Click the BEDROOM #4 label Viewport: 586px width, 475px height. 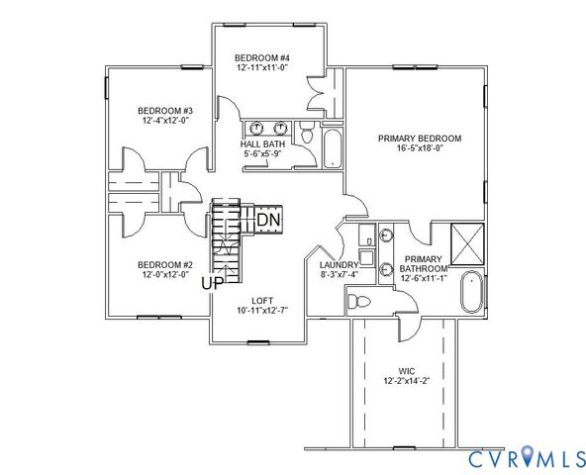click(261, 56)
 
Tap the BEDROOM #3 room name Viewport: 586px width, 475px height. click(164, 110)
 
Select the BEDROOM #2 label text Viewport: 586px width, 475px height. click(164, 264)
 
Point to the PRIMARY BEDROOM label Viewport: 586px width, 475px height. click(420, 139)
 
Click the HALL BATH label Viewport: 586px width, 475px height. click(261, 144)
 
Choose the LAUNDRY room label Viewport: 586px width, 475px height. click(339, 265)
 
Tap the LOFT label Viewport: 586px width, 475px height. click(261, 300)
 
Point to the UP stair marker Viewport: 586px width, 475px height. click(212, 283)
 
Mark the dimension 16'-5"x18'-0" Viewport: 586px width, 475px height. click(420, 150)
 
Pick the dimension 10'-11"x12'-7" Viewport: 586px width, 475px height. click(261, 311)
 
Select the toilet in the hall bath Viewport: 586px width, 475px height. click(307, 131)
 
